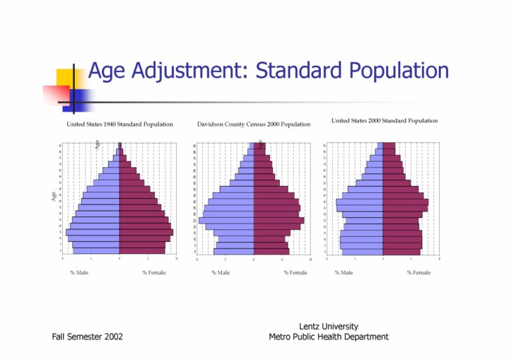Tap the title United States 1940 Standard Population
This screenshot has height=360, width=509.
click(119, 124)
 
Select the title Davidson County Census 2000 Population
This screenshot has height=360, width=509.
click(254, 124)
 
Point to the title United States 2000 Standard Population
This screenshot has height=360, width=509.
click(385, 121)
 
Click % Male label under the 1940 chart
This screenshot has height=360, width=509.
click(79, 272)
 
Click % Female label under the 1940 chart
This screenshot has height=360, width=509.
click(154, 272)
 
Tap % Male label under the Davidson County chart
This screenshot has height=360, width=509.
click(221, 272)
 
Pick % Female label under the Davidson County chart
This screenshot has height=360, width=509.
click(296, 272)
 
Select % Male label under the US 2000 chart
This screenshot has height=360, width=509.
click(344, 272)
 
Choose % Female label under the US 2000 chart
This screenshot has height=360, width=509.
click(419, 272)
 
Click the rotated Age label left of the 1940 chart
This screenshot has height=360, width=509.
click(54, 196)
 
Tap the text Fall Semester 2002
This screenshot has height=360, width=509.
click(87, 337)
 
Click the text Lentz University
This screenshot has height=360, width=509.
click(329, 326)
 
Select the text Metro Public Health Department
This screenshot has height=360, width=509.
click(329, 337)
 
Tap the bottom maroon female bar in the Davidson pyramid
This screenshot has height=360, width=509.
click(271, 251)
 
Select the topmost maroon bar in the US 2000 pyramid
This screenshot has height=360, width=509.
click(389, 145)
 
